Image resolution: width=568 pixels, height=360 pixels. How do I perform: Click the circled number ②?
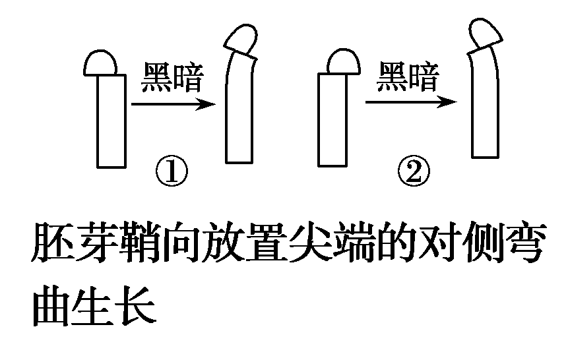point(414,173)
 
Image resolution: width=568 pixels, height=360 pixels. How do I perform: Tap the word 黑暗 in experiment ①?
point(173,78)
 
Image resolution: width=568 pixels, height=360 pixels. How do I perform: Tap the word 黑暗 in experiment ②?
point(408,78)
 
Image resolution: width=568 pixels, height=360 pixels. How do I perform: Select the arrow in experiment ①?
point(174,104)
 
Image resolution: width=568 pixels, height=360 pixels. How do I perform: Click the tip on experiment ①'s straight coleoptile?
point(101,63)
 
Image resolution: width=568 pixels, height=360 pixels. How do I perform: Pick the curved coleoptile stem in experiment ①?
point(240,112)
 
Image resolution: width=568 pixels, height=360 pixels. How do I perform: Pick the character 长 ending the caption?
point(139,306)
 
